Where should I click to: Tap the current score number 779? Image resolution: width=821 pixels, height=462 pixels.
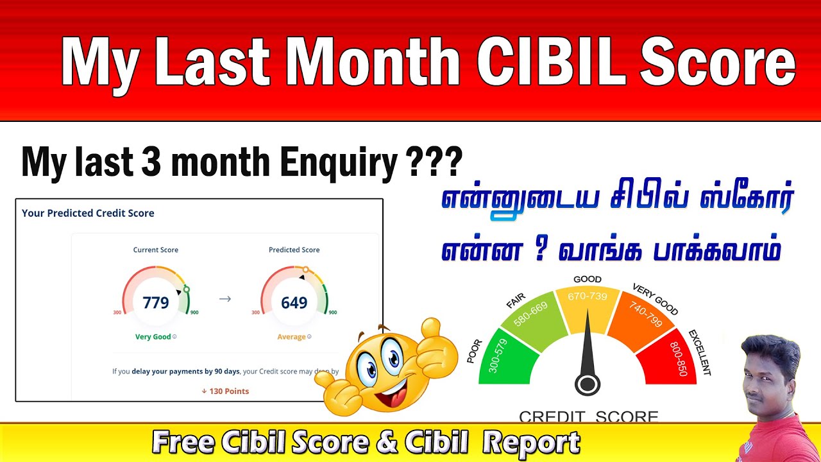click(x=156, y=302)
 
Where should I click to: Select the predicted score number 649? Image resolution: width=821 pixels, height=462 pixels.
click(x=294, y=302)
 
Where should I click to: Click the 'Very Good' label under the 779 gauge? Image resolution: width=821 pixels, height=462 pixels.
click(x=153, y=337)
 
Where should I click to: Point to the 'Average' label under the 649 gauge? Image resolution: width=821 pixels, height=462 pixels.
click(x=291, y=337)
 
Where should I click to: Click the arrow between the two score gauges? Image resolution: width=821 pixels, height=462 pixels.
click(x=224, y=298)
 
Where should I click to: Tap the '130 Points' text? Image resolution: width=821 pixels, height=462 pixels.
click(x=225, y=391)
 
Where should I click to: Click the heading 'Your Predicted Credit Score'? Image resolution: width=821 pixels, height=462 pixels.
click(x=88, y=213)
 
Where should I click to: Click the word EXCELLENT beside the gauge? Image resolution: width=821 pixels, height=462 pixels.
click(x=700, y=352)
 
